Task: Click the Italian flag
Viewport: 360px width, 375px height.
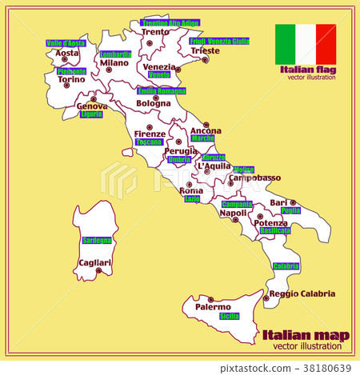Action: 306,44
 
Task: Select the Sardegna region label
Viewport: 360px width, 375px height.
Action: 97,240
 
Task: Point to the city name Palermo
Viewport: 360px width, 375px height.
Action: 213,306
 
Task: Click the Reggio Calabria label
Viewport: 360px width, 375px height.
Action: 302,293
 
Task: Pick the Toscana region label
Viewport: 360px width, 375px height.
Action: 149,142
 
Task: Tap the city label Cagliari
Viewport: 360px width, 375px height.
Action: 94,262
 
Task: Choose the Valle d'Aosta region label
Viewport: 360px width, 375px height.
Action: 66,43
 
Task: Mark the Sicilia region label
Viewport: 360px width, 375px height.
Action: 230,317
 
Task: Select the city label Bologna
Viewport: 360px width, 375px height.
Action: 154,103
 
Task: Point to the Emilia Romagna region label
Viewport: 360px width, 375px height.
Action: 162,91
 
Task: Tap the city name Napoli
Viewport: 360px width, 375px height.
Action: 233,213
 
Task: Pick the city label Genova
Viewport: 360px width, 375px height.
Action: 92,106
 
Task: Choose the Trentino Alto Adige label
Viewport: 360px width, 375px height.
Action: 170,23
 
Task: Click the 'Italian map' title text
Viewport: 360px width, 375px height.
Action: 299,334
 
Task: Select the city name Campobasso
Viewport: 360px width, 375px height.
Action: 255,178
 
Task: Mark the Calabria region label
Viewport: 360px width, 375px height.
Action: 286,266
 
